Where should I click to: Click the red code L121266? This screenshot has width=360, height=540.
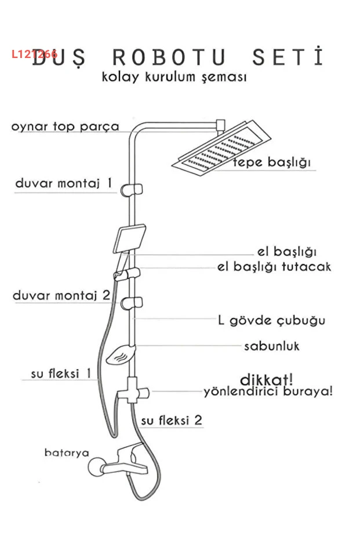(x=34, y=54)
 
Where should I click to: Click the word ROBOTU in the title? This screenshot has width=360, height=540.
(x=169, y=57)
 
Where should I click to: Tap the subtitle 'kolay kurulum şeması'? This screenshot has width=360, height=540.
(x=174, y=77)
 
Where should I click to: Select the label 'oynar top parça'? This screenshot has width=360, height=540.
(x=66, y=126)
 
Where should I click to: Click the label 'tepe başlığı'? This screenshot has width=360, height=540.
(x=272, y=162)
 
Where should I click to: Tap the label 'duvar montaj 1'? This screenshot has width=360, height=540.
(x=64, y=183)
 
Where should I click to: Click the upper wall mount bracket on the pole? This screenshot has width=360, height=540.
(x=132, y=189)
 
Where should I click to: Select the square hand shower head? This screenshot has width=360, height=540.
(x=129, y=239)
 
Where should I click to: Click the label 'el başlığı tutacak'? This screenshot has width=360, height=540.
(x=274, y=267)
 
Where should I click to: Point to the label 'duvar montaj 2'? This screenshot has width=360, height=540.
(x=61, y=295)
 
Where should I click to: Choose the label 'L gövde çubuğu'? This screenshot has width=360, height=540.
(x=271, y=321)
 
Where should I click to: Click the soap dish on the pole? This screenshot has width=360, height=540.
(x=121, y=354)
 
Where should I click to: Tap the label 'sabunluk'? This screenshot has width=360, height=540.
(x=272, y=346)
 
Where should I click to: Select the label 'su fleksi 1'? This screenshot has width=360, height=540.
(x=61, y=374)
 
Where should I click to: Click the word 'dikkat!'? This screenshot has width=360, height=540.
(x=267, y=380)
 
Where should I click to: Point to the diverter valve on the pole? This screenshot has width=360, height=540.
(x=133, y=391)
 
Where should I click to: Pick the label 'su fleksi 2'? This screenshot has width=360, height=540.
(x=172, y=421)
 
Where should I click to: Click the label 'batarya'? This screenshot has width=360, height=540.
(x=67, y=452)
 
